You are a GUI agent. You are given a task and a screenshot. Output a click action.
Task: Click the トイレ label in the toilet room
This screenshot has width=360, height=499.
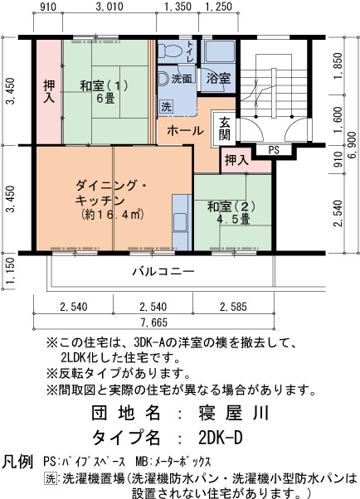(190, 51)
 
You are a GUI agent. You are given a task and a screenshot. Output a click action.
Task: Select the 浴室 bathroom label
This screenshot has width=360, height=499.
(218, 78)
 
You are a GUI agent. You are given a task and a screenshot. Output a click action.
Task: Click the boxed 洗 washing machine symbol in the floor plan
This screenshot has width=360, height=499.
(166, 107)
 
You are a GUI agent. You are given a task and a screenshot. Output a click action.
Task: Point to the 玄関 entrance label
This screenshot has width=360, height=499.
(225, 128)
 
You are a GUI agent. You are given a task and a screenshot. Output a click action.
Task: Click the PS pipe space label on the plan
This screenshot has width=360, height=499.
(274, 150)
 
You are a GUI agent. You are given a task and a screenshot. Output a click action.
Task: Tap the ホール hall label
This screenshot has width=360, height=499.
(185, 130)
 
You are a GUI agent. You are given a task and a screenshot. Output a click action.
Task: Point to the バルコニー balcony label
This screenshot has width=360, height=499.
(163, 271)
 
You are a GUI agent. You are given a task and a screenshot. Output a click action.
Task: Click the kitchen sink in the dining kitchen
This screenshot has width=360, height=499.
(181, 222)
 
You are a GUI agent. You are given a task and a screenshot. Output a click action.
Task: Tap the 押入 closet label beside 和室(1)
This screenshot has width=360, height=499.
(50, 91)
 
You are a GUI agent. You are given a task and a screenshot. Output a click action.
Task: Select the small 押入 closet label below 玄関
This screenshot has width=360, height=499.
(236, 160)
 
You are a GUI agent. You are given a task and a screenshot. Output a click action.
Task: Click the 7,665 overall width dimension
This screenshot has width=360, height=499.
(154, 322)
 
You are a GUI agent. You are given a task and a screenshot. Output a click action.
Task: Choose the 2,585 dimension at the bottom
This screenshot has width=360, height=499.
(233, 307)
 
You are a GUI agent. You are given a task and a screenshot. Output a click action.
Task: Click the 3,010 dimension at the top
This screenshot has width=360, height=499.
(109, 7)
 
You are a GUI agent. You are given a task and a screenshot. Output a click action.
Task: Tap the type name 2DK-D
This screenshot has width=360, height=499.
(220, 438)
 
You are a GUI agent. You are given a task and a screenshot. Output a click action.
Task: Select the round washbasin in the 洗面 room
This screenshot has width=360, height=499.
(163, 78)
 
